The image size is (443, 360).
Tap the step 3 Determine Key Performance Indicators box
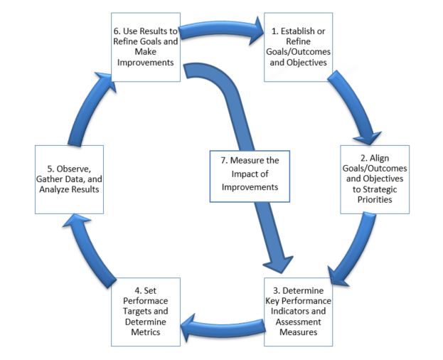coord(298,310)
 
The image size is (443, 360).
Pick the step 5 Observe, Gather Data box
coord(70,180)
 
